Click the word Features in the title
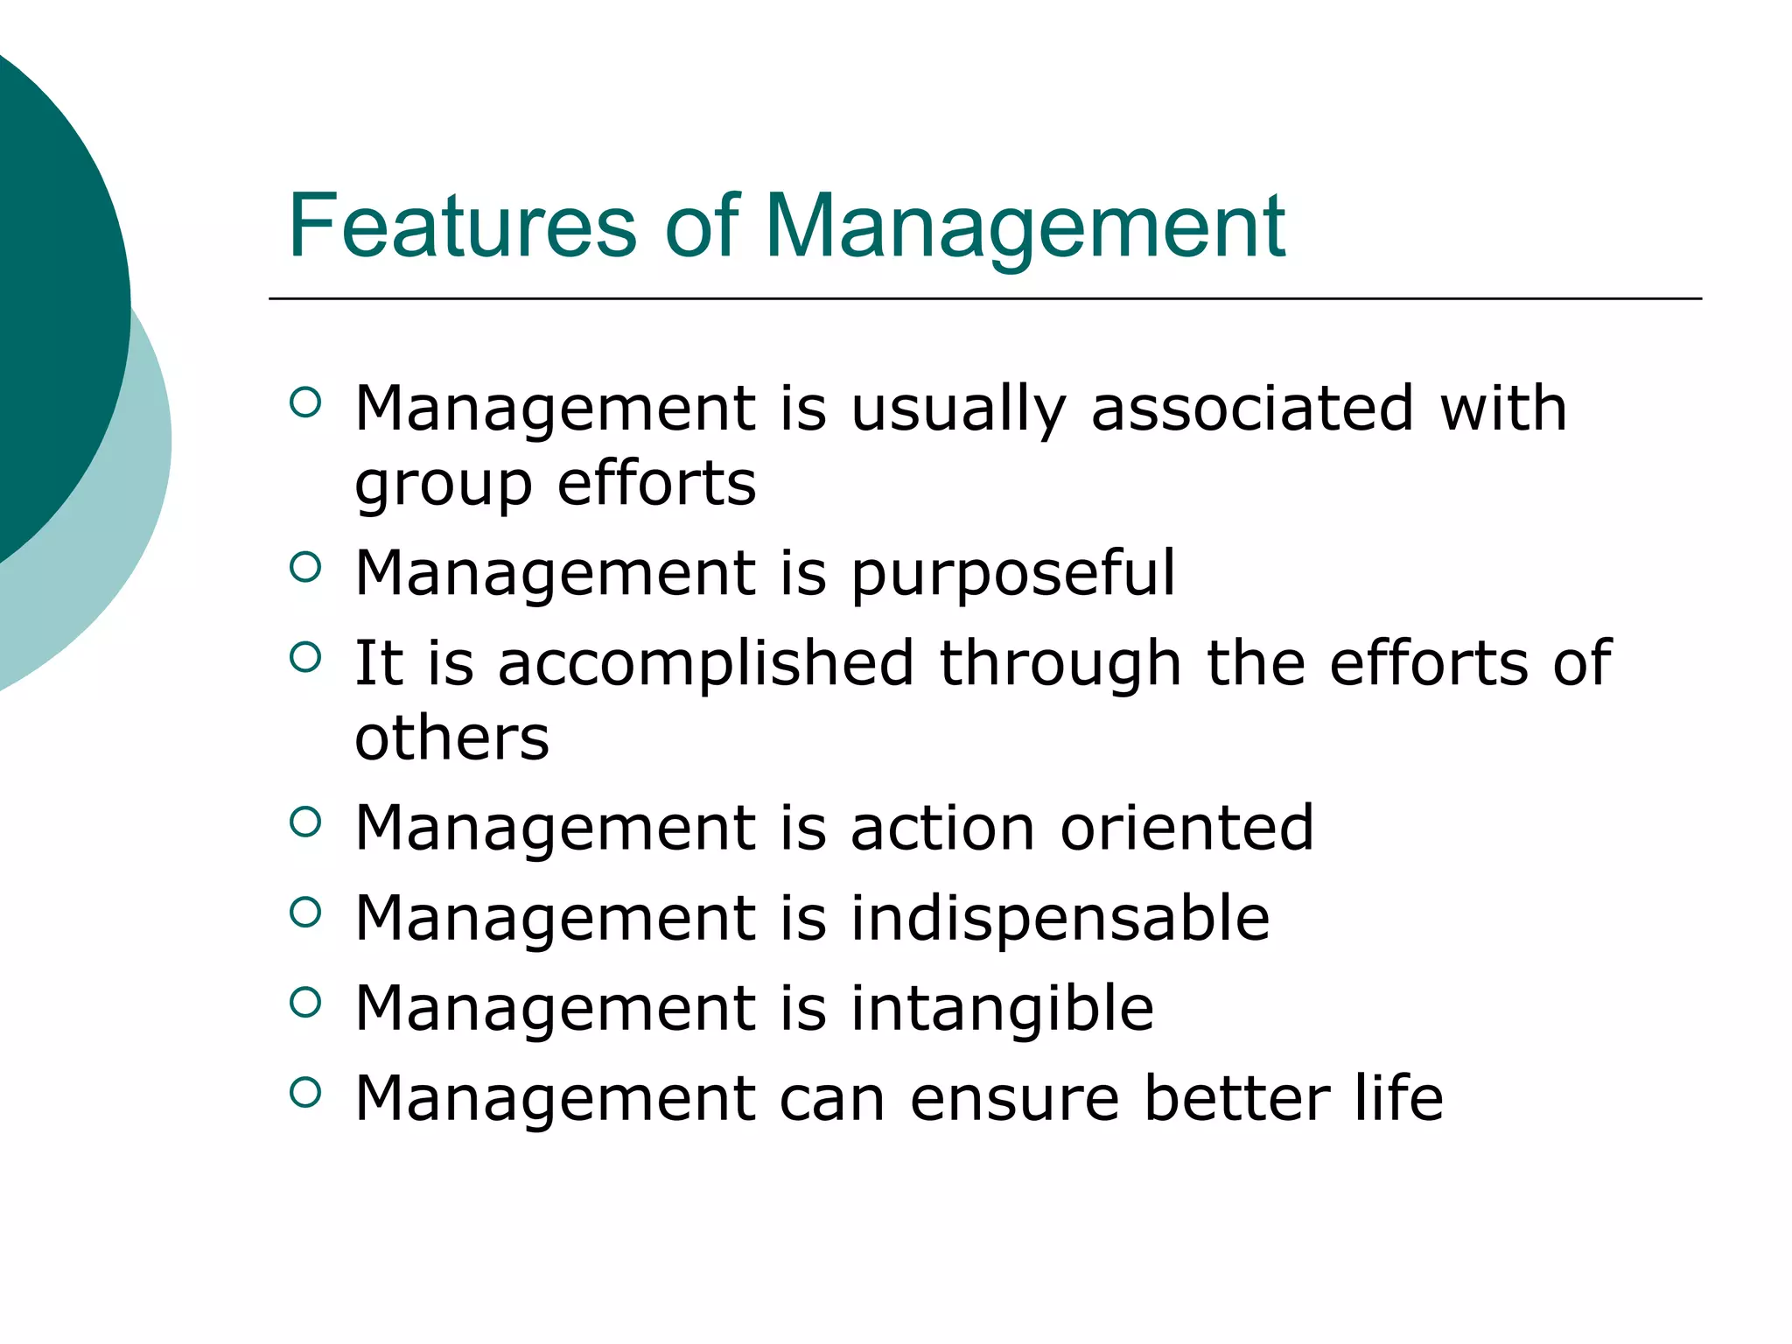pos(462,227)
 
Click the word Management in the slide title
pos(1025,227)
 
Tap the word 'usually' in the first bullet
pos(958,409)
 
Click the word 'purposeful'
pos(1012,574)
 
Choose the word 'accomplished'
pos(706,663)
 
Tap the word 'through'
pos(1060,663)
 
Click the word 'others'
pos(451,738)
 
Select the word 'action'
pos(942,828)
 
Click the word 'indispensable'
pos(1060,919)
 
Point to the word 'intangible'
pos(1002,1009)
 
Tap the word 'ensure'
pos(1014,1100)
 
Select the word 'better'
pos(1236,1098)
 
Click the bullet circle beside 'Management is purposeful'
pos(304,567)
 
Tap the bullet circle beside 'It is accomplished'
pos(304,656)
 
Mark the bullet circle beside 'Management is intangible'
pos(304,1002)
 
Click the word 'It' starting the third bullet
pos(378,662)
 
